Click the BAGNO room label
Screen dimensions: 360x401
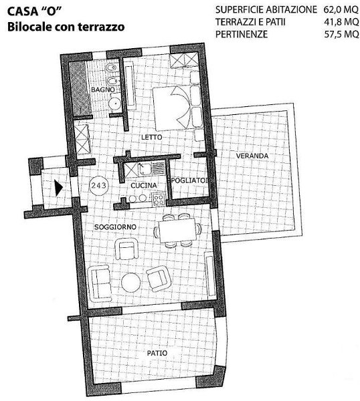[x=103, y=90]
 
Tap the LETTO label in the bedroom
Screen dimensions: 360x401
[x=152, y=137]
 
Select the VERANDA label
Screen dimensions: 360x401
[x=252, y=156]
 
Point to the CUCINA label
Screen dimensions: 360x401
[x=144, y=185]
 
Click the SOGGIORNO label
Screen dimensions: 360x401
[x=115, y=227]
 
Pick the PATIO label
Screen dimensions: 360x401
[x=157, y=353]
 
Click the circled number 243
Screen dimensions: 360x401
[x=99, y=185]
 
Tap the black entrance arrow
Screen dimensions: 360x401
[x=59, y=188]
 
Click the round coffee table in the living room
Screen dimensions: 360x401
[x=131, y=282]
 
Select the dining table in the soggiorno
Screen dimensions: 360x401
[x=177, y=231]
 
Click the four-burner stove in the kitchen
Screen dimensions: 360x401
[x=158, y=200]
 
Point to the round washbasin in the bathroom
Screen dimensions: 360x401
[x=115, y=102]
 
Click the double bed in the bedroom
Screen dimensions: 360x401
[x=177, y=108]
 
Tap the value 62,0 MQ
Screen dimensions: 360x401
[x=341, y=10]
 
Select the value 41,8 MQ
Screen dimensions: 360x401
[x=341, y=22]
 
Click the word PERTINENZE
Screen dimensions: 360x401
[x=242, y=34]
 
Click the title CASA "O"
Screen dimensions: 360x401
[x=35, y=12]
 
